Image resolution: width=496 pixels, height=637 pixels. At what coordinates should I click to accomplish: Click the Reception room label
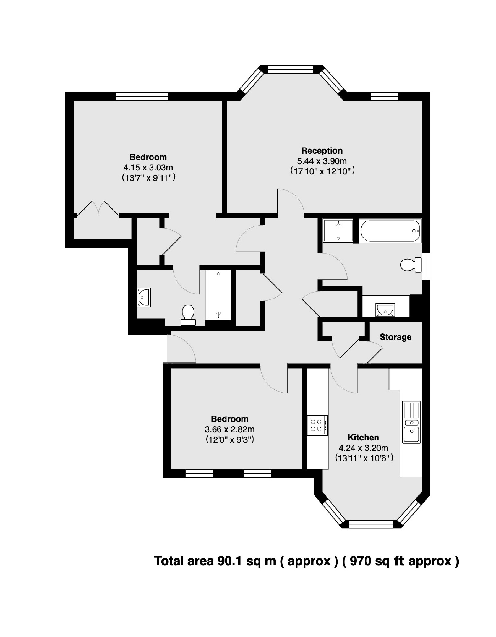coord(321,151)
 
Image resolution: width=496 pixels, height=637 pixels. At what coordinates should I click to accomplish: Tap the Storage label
coord(395,337)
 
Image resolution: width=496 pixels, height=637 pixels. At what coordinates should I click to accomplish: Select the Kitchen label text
coord(363,437)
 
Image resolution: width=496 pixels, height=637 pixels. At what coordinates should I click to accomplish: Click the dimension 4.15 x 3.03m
coord(148,167)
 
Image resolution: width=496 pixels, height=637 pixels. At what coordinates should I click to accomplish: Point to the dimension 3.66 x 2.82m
coord(230,429)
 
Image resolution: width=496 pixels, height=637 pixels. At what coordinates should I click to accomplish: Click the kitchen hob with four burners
coord(317,425)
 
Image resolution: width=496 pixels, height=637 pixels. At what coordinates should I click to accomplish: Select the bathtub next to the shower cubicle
coord(390,231)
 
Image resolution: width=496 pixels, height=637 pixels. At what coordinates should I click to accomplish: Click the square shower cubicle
coord(338,231)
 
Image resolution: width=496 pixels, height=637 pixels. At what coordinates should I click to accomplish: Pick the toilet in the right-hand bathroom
coord(410,265)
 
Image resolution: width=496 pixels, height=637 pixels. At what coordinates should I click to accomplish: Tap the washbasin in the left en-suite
coord(144,297)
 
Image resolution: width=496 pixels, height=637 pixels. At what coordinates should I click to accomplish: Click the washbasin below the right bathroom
coord(385,310)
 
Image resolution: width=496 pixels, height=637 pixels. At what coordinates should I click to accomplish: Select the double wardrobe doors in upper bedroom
coord(98,209)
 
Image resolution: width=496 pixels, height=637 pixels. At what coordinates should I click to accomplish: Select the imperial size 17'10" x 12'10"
coord(322,171)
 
